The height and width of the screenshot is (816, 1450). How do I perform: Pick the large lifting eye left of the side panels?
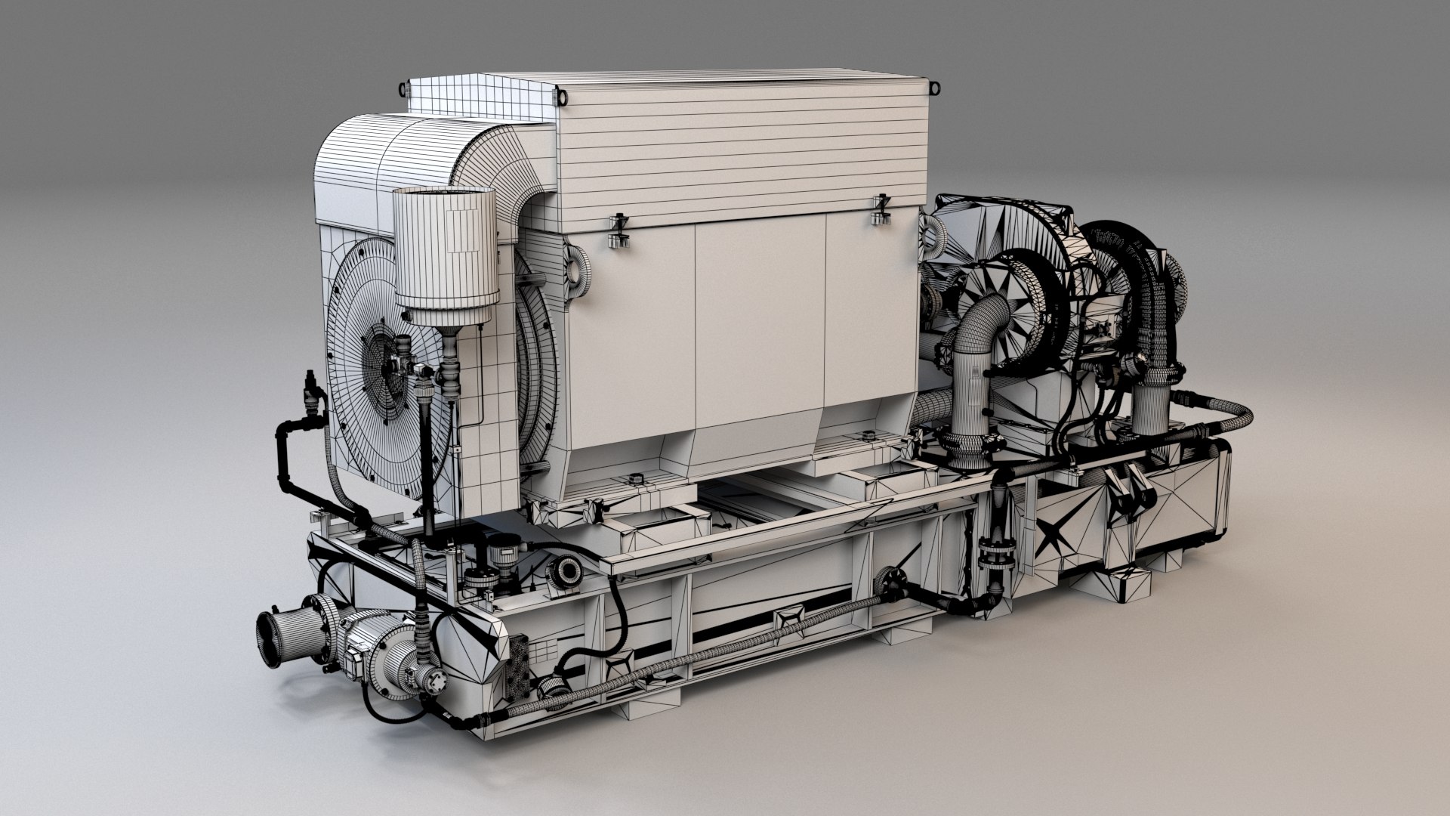pos(578,267)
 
